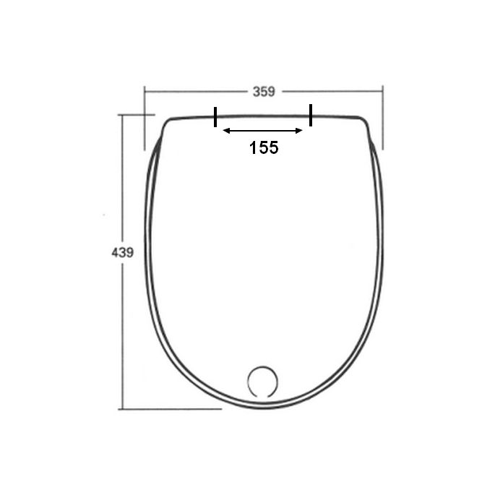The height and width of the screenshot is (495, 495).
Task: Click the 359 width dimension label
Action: coord(264,92)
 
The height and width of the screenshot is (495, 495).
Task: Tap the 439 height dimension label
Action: coord(123,252)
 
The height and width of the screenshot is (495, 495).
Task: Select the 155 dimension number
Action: coord(264,147)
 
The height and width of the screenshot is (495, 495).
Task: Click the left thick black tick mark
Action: coord(215,116)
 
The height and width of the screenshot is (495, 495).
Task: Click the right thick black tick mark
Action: coord(311,115)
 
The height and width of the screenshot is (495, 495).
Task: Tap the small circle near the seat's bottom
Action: coord(262,381)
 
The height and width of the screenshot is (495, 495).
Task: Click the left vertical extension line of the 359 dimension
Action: coord(145,119)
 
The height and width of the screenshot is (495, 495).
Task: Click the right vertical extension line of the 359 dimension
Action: coord(382,119)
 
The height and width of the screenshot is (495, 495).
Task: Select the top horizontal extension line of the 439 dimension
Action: coord(137,114)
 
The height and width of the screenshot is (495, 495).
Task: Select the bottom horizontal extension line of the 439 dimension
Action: coord(170,409)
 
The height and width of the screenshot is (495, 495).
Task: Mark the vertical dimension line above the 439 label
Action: coord(123,181)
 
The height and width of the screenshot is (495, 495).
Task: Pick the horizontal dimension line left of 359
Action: coord(195,92)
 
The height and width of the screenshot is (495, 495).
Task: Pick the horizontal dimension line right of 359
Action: coord(332,92)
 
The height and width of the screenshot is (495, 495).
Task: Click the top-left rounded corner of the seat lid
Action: coord(168,123)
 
